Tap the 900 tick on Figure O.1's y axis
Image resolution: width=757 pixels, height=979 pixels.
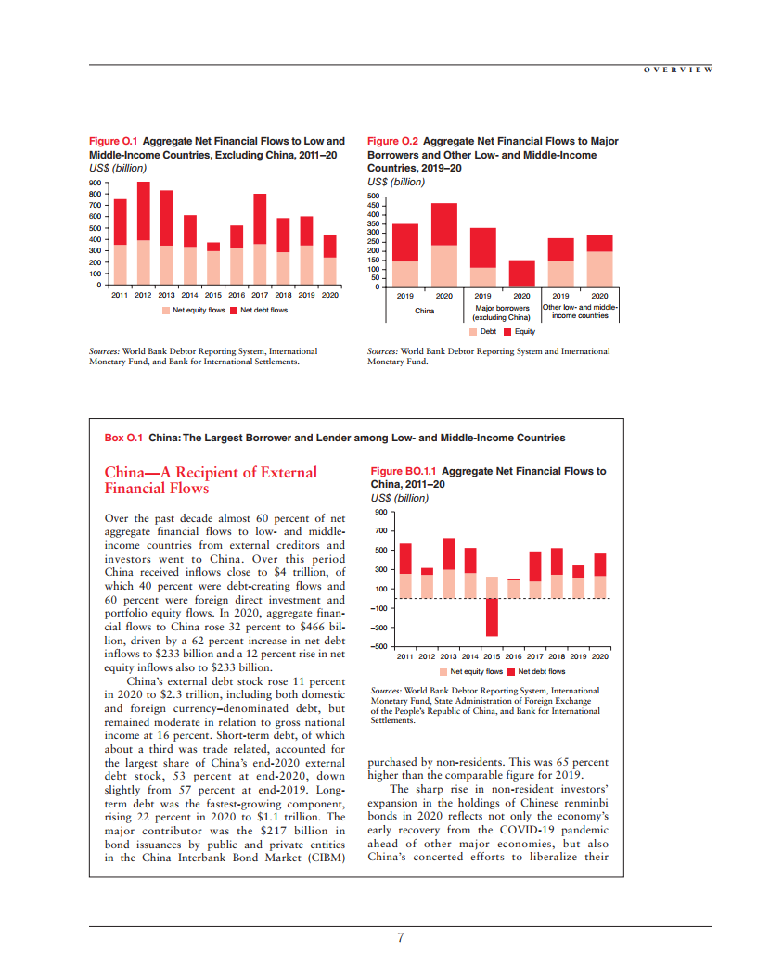click(x=94, y=184)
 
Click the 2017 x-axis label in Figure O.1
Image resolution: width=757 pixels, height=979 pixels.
click(x=260, y=295)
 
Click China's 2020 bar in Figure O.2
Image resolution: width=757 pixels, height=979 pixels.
click(x=443, y=245)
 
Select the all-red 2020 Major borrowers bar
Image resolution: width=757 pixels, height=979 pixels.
click(x=521, y=273)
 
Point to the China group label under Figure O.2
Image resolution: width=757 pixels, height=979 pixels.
click(x=424, y=311)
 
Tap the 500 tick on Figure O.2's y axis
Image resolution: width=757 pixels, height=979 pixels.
click(x=374, y=197)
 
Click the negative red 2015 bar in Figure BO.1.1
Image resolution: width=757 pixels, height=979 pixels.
click(x=492, y=617)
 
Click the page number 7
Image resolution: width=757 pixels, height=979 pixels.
click(x=400, y=938)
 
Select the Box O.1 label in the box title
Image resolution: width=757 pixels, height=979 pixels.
click(x=123, y=438)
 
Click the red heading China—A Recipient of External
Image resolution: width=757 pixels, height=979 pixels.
click(x=211, y=473)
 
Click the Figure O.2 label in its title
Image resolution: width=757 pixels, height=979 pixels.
click(x=392, y=142)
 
